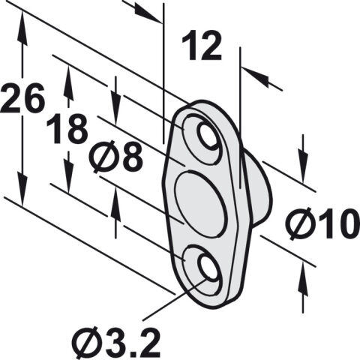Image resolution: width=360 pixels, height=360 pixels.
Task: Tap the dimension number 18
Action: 67,129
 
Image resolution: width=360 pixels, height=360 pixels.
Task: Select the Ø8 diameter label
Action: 116,157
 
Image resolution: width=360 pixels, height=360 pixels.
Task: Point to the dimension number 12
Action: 202,46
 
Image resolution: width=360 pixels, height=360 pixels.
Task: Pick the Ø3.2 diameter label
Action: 116,343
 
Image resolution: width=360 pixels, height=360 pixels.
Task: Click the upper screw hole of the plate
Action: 207,136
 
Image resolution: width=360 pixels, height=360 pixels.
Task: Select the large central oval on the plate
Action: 200,203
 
